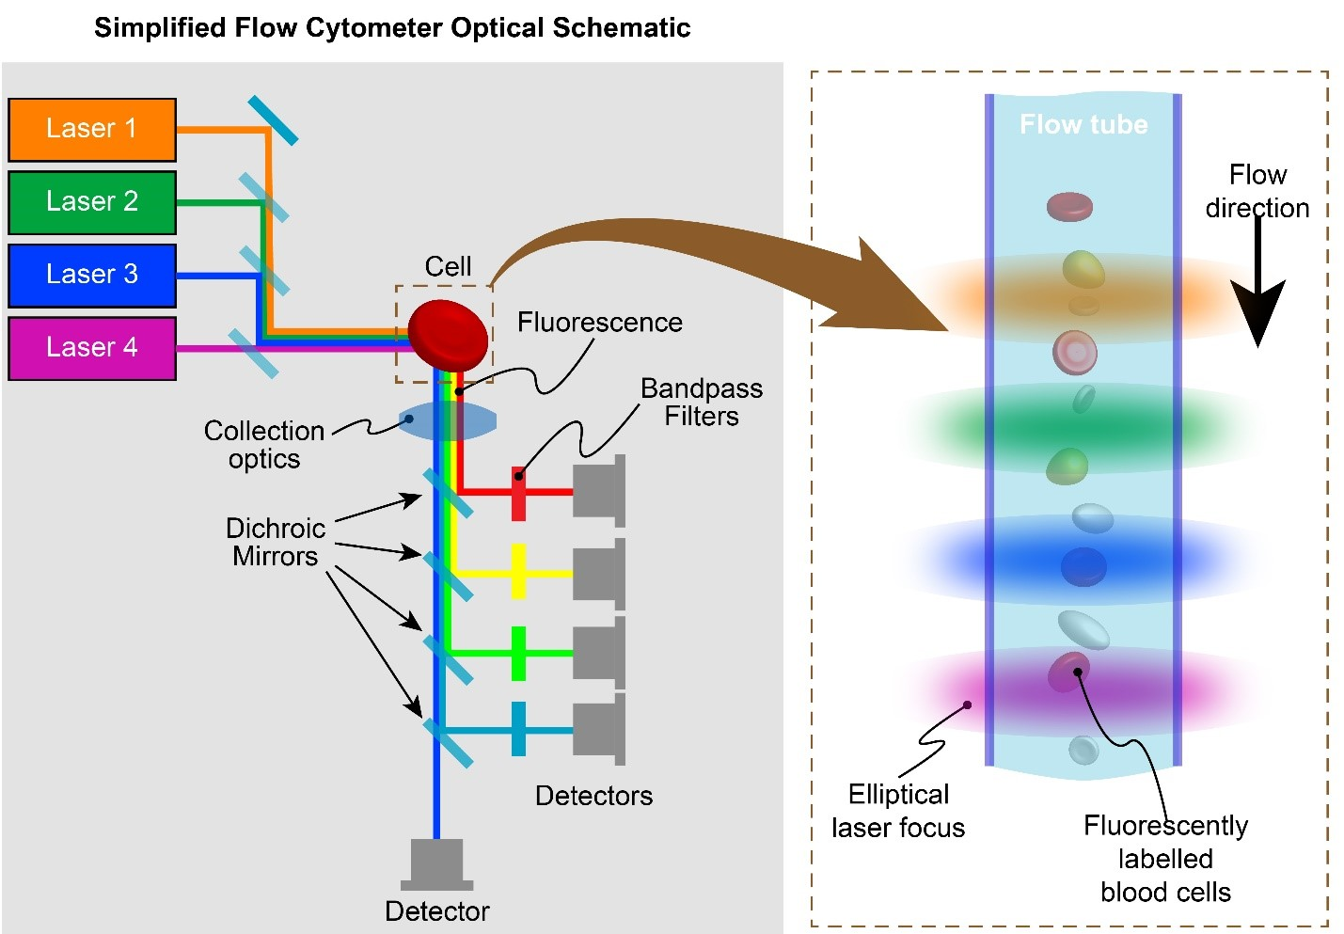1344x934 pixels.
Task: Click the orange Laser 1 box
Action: [x=92, y=130]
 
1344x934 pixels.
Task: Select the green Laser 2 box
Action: [x=92, y=202]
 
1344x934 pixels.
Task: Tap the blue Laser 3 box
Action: [x=92, y=275]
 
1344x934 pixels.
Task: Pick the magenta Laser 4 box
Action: [x=92, y=348]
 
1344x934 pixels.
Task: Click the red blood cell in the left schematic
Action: [x=448, y=335]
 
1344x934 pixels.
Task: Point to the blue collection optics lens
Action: [x=448, y=420]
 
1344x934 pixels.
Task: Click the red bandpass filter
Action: [x=518, y=493]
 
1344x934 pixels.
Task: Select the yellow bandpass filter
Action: [x=518, y=571]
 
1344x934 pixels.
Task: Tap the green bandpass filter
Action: [x=518, y=653]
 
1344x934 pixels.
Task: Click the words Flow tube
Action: [x=1083, y=125]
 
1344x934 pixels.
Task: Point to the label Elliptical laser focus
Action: [x=898, y=811]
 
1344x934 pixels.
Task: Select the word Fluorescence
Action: [x=599, y=323]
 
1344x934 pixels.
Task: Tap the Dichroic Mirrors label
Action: [x=276, y=542]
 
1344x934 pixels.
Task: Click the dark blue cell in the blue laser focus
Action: [x=1083, y=566]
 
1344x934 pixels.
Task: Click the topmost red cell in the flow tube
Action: [x=1069, y=206]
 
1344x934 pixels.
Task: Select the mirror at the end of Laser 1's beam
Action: [x=273, y=120]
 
